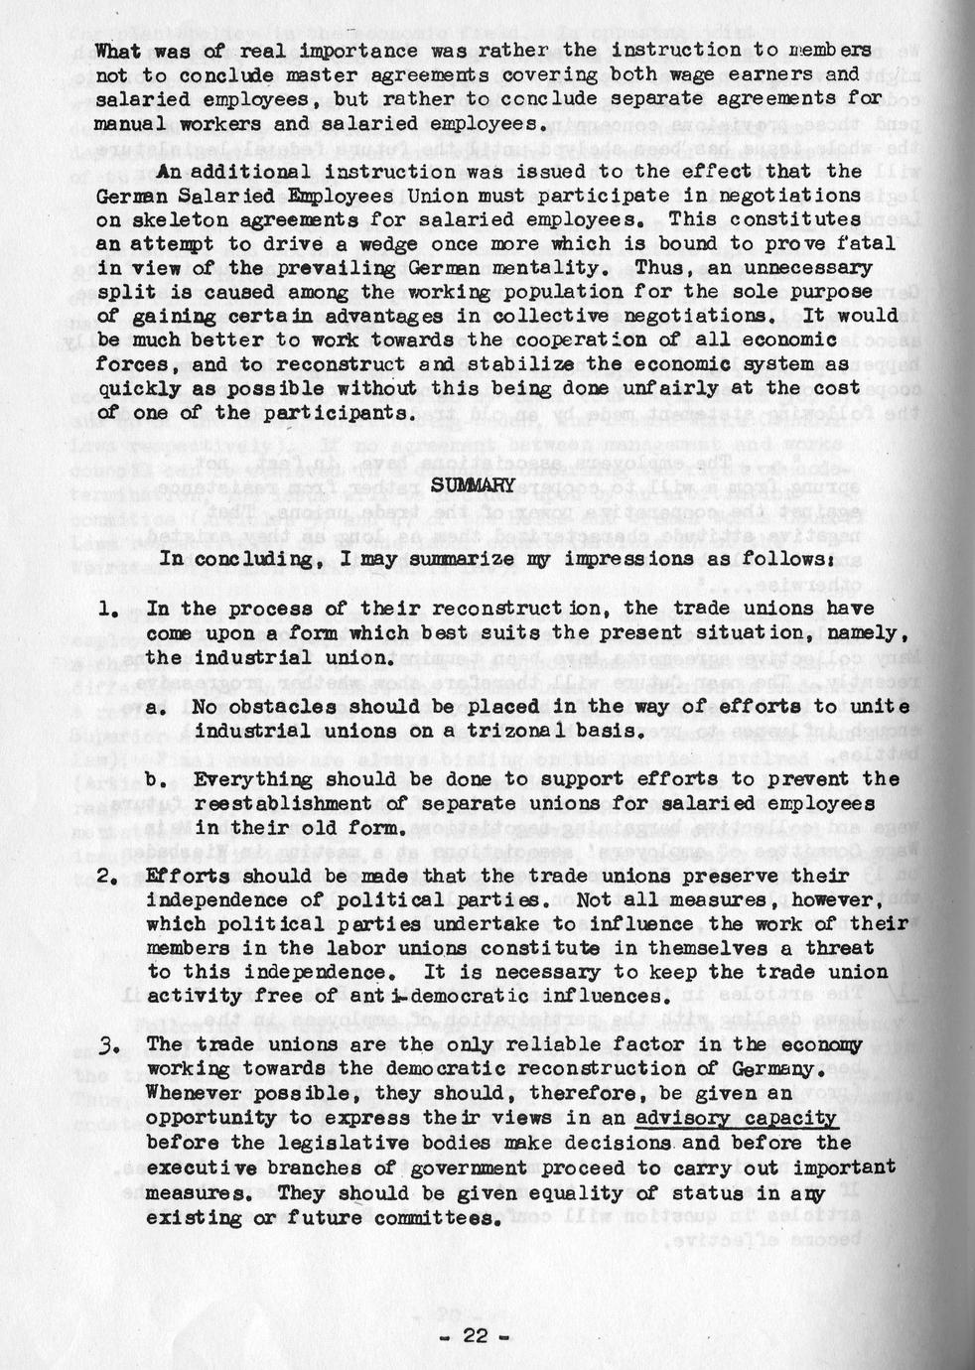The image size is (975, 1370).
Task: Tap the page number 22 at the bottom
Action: click(478, 1336)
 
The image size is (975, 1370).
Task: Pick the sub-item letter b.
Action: click(156, 778)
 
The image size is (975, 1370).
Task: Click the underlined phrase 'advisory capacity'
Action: click(736, 1118)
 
